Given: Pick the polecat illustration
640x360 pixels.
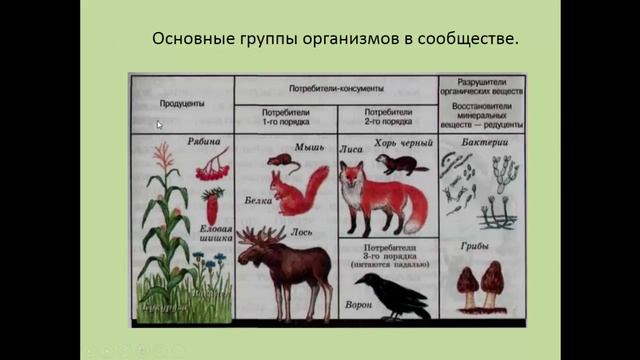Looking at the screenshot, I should pos(402,163).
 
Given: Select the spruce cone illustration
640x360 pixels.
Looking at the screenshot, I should pos(212,208).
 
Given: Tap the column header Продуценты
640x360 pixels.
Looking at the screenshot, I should pos(182,103).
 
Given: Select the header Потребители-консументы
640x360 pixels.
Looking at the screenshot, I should pos(335,87).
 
